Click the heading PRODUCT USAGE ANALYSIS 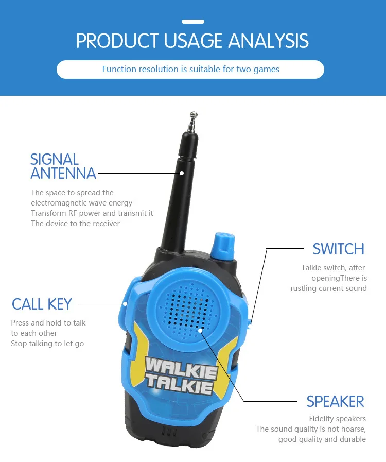[x=192, y=41]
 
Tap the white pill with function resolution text [x=190, y=69]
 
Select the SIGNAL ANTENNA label [x=63, y=166]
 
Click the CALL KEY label [x=42, y=304]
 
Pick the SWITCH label [x=338, y=249]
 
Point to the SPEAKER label [x=335, y=401]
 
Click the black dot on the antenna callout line [x=182, y=173]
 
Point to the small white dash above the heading [x=193, y=22]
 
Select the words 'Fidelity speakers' [x=337, y=419]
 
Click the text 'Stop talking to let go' [x=47, y=344]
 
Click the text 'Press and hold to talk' [x=48, y=323]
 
